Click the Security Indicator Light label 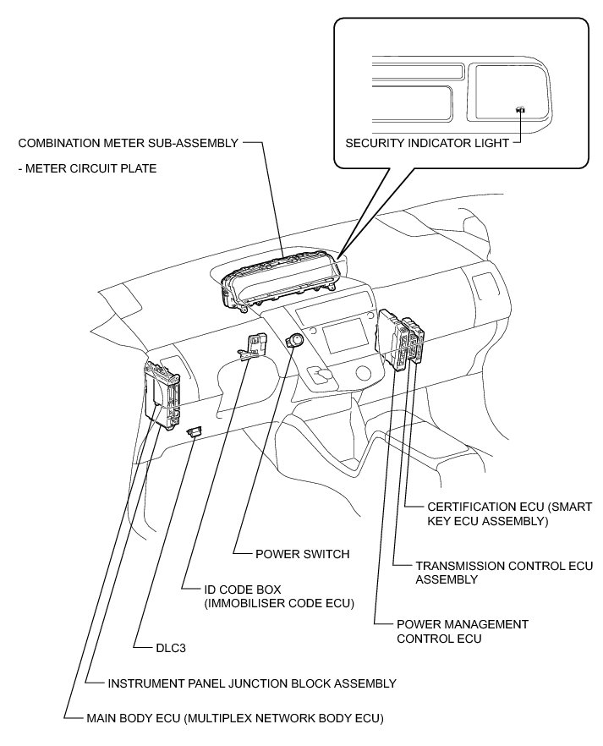[427, 143]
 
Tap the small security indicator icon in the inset [521, 109]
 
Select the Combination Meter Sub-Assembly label [128, 143]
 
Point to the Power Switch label [302, 554]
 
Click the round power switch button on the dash [296, 342]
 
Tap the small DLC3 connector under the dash [195, 431]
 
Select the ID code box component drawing [255, 345]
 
